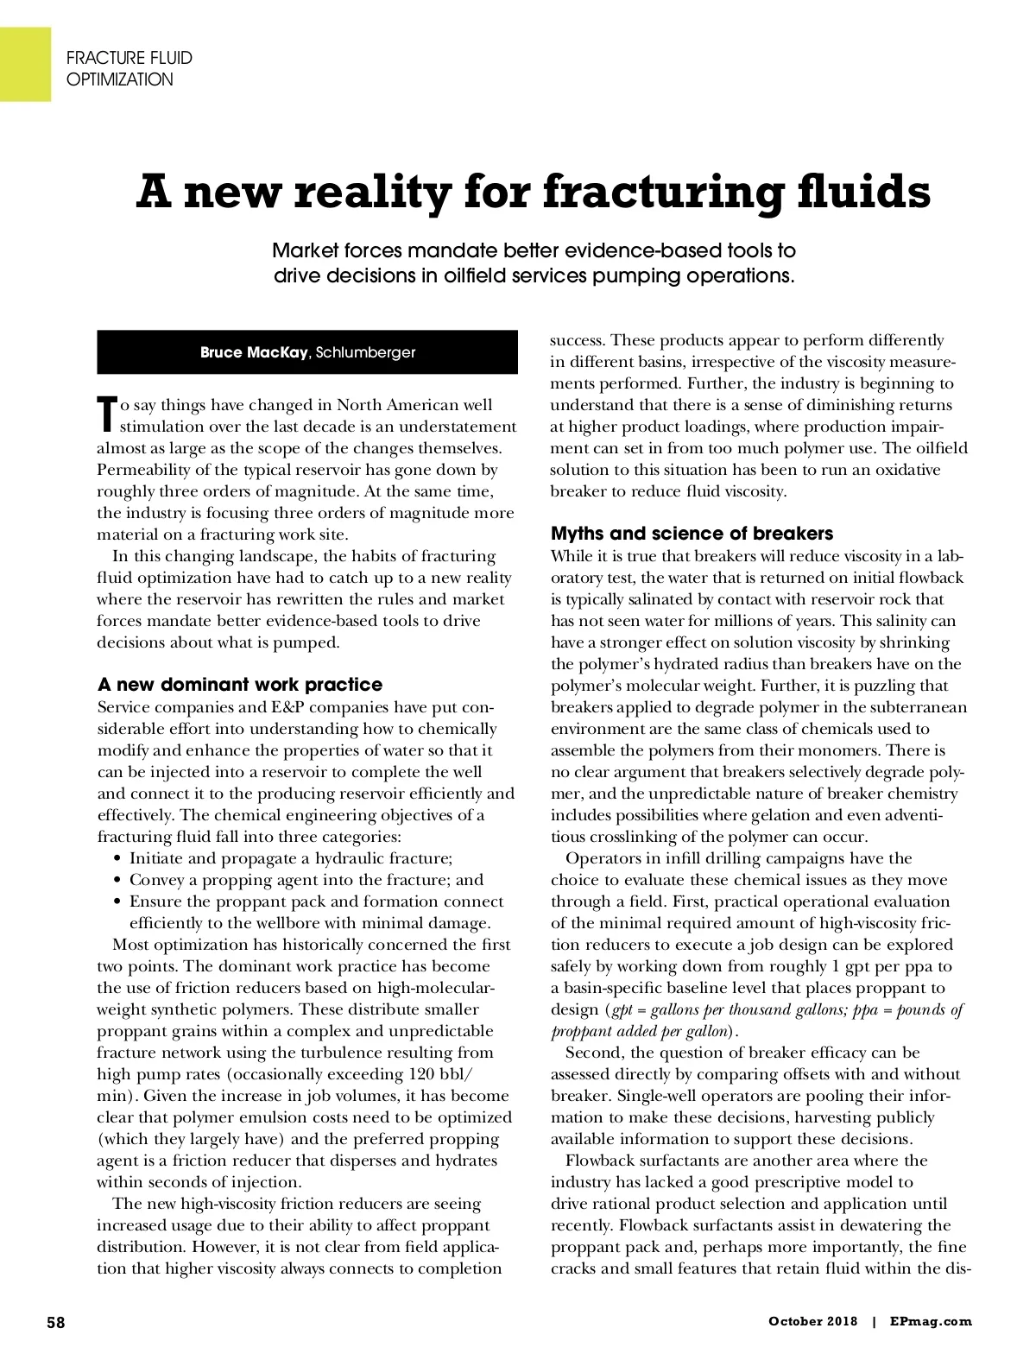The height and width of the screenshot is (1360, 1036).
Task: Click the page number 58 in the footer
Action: coord(56,1321)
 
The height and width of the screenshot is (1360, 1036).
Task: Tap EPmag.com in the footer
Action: coord(934,1321)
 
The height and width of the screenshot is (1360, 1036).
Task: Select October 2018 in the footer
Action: coord(812,1321)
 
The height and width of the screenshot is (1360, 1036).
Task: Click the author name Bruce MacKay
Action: coord(254,352)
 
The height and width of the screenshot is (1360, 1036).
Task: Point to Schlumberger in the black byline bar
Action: coord(366,352)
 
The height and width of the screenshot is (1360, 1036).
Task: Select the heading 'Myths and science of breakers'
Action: coord(692,533)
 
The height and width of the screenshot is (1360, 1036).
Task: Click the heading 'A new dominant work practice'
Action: coord(239,685)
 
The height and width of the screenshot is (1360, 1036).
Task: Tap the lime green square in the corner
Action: coord(25,63)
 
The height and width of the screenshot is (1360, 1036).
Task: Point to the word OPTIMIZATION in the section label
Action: coord(120,80)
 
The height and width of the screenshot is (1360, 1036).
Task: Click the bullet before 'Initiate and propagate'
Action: coord(117,859)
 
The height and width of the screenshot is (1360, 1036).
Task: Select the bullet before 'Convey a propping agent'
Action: coord(117,881)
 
